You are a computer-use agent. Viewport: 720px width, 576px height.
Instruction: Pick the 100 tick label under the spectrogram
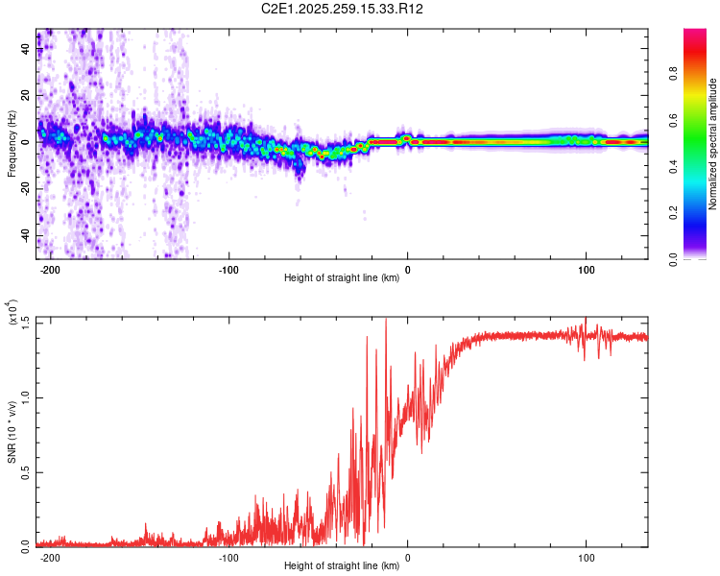[x=586, y=271]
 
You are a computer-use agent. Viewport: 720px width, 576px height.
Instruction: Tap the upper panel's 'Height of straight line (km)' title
[x=342, y=279]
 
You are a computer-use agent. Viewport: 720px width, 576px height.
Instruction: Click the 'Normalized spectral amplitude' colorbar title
[x=712, y=144]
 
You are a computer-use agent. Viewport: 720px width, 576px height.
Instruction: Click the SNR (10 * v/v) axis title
[x=12, y=432]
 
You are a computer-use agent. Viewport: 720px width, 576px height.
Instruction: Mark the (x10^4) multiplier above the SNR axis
[x=12, y=313]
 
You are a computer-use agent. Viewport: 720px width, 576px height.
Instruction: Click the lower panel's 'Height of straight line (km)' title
[x=342, y=566]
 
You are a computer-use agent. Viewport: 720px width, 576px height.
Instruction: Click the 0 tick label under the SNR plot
[x=408, y=558]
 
